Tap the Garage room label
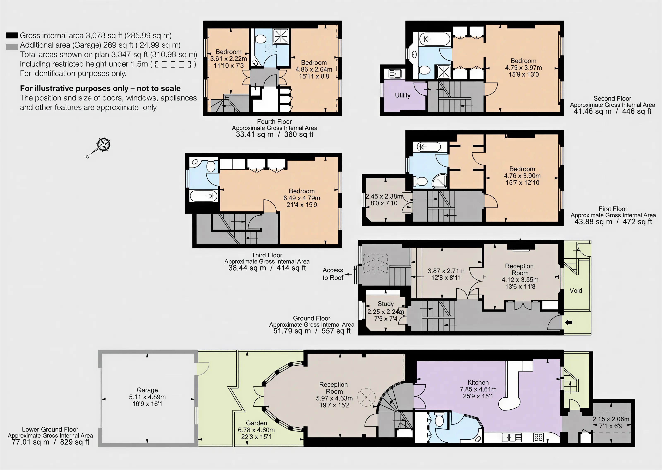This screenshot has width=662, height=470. (147, 390)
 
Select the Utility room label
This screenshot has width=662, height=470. (403, 95)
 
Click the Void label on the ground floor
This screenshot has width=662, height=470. (576, 291)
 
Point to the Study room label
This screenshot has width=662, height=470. (386, 304)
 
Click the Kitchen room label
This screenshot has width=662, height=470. (478, 382)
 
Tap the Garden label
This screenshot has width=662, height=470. (256, 423)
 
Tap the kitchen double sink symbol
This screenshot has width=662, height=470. (512, 437)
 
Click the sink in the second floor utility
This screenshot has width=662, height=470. (395, 74)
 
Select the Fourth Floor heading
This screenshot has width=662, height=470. (274, 122)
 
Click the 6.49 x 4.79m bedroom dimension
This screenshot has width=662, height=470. (302, 198)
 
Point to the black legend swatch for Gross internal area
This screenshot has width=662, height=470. (12, 36)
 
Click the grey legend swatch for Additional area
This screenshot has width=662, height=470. (12, 47)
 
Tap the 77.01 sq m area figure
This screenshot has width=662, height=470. (30, 442)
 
